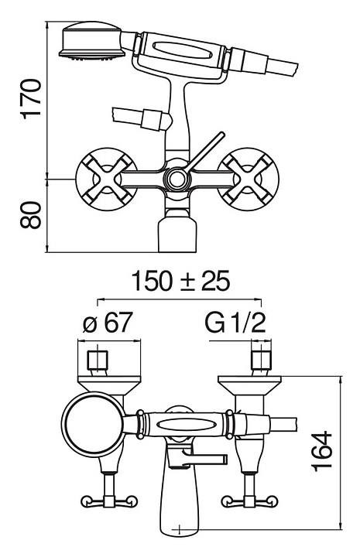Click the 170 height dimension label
coord(30,99)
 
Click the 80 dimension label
coord(30,215)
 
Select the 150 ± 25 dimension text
coord(180,281)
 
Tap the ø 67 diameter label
coord(108,323)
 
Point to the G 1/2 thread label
coord(235,323)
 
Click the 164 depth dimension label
coord(322,452)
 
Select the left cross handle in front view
coord(106,179)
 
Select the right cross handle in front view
coord(248,179)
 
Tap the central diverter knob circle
coord(176,179)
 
